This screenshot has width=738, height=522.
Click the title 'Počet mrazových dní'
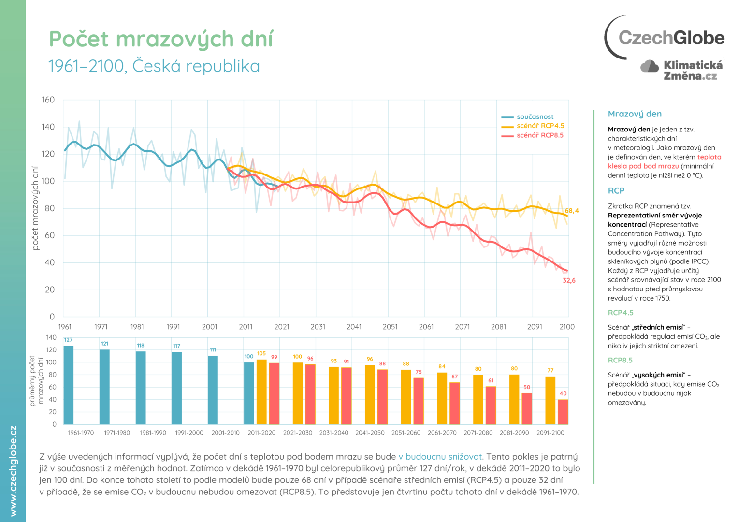(x=161, y=39)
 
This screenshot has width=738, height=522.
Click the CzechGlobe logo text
(x=671, y=38)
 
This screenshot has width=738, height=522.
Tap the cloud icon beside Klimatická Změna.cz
(x=650, y=66)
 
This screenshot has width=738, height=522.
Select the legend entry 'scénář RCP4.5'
(x=540, y=126)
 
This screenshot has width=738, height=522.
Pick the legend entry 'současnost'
(x=535, y=116)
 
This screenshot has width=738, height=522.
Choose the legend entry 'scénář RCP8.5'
(x=540, y=135)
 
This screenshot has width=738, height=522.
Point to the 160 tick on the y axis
(x=48, y=100)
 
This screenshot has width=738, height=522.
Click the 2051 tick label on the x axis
(x=390, y=327)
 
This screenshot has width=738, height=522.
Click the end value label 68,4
(x=571, y=211)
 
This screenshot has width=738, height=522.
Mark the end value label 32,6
(x=569, y=280)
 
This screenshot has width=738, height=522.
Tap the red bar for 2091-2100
(x=563, y=412)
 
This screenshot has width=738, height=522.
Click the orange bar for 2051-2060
(x=406, y=397)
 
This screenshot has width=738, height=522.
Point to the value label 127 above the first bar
(x=68, y=340)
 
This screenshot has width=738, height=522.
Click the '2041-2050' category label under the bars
(x=370, y=433)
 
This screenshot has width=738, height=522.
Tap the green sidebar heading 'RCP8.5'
(x=620, y=360)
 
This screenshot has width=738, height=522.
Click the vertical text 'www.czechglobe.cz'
(x=13, y=471)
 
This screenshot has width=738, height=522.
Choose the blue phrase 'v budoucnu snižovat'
(x=440, y=457)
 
